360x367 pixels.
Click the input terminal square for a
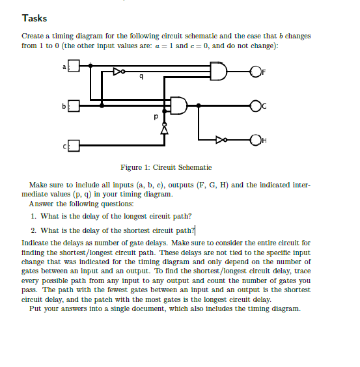74,66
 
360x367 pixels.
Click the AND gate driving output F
219,71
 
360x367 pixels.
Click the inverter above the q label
118,71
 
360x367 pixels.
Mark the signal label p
154,118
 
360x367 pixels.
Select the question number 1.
34,215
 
